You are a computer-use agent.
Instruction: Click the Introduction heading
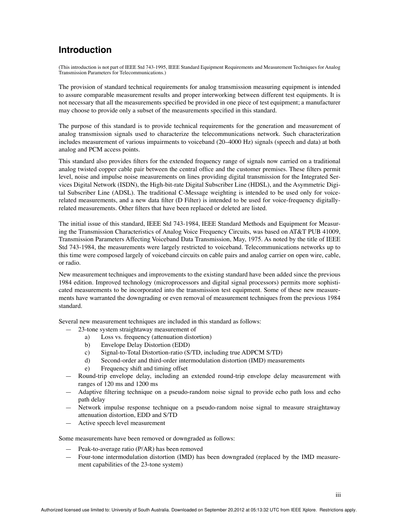point(85,50)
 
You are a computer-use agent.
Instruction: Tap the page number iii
point(338,495)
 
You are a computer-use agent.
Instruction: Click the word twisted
point(86,169)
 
